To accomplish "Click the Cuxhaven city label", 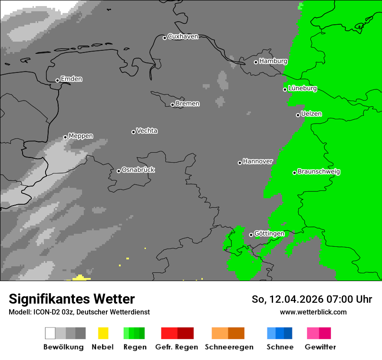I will (183, 36).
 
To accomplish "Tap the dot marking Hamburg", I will (256, 62).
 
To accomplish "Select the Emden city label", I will (71, 79).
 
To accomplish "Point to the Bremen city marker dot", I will (172, 105).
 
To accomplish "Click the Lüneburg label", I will (302, 88).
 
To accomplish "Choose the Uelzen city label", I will (311, 114).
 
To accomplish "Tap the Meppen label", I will (81, 136).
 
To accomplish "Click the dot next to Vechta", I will (133, 132).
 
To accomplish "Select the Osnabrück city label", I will (138, 170).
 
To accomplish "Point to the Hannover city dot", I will (240, 163).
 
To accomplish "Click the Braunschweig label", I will (319, 172).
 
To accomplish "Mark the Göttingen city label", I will (269, 234).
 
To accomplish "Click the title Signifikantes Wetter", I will (72, 299).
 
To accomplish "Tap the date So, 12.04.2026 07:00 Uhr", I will (312, 299).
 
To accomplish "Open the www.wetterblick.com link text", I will (313, 312).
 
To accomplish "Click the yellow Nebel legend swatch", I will (103, 333).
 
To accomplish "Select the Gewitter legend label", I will (320, 347).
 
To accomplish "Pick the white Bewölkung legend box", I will (50, 333).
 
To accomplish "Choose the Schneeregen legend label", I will (229, 347).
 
